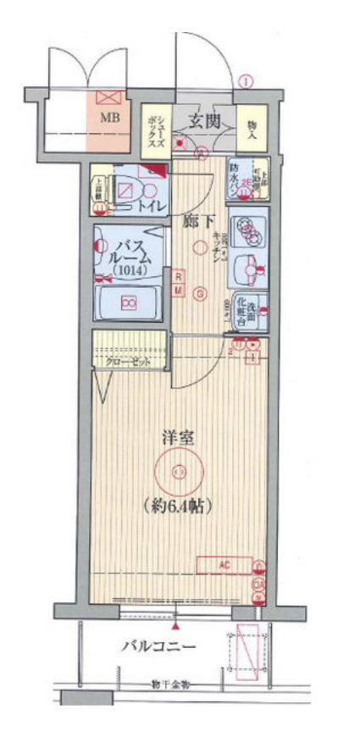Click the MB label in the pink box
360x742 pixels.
tap(111, 118)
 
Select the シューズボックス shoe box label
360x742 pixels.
tap(157, 130)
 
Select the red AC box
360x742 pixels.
tap(224, 564)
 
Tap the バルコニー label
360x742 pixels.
tap(158, 648)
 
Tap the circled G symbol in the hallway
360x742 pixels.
tap(200, 294)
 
